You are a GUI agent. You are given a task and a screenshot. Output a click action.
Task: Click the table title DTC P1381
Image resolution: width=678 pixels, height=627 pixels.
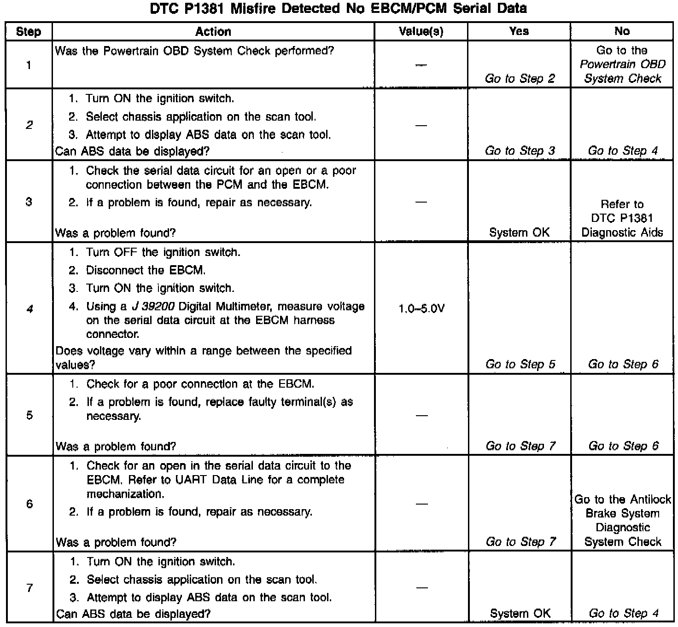coord(338,8)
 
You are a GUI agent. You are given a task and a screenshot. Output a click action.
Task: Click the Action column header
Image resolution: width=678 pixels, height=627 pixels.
coord(213,31)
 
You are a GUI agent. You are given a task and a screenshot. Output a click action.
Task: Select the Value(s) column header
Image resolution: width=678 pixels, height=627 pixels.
coord(421,31)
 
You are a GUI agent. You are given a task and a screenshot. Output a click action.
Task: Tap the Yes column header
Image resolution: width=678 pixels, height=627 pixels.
coord(519,31)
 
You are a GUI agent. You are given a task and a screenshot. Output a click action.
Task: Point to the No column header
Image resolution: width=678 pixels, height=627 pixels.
coord(622,31)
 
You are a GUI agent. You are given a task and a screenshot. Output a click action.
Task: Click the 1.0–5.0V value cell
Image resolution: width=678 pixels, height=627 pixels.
coord(421,308)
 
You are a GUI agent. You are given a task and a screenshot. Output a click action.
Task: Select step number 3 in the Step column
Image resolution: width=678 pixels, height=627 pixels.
coord(29,202)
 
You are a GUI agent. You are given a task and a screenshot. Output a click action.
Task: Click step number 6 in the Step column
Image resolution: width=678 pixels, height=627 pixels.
coord(29,504)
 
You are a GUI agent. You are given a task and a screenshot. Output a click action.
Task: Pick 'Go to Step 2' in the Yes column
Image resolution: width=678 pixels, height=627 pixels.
coord(520,79)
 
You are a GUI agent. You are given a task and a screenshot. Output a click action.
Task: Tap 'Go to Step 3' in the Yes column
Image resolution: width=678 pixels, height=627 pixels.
coord(520,151)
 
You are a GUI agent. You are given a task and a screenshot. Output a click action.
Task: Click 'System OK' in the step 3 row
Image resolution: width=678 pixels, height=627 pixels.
coord(520,232)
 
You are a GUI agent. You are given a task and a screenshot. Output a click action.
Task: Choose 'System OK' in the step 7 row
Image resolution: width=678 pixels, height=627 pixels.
coord(520,613)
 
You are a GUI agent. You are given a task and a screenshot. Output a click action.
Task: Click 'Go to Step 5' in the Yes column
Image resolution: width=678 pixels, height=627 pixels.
coord(520,365)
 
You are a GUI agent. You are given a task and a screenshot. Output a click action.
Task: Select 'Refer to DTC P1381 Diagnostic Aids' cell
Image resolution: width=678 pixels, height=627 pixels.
coord(622,218)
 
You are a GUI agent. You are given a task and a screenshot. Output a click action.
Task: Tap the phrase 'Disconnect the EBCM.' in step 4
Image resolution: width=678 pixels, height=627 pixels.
coord(146,270)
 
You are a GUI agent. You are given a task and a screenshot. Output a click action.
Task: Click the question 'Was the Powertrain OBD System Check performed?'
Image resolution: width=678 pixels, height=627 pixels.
coord(194,51)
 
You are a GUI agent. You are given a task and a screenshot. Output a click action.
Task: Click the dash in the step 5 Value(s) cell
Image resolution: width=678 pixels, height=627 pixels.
coord(421,415)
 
